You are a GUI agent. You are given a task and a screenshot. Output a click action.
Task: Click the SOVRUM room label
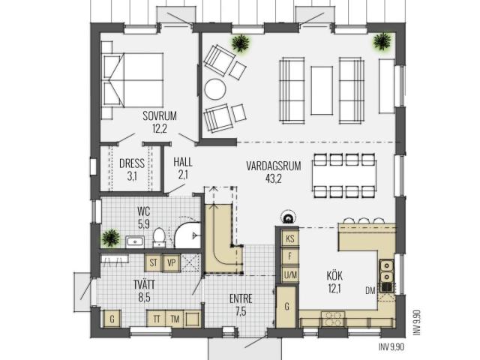coord(160,116)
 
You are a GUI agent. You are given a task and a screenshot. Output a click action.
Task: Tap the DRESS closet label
coord(132,163)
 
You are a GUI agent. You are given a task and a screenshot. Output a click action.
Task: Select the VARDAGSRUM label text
coord(274,166)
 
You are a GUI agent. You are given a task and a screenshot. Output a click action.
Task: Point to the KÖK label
coord(334,276)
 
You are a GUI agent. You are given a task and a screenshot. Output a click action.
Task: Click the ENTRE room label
coord(241,298)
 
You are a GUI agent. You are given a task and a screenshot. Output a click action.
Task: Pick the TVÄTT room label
coord(144,284)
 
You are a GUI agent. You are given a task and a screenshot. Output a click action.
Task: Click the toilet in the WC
coord(159,237)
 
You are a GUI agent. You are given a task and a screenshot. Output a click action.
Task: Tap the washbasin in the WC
coord(135,241)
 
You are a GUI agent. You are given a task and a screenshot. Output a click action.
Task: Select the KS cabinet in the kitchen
coord(290,238)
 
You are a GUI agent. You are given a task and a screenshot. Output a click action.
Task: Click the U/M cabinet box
coord(290,275)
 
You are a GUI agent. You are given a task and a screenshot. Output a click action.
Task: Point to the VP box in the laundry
coord(172,262)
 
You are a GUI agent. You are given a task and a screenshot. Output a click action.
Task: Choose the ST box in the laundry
coord(153,262)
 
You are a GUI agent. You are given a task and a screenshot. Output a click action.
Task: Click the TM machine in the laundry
coord(175,319)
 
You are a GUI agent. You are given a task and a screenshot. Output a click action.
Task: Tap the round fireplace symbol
coord(288,217)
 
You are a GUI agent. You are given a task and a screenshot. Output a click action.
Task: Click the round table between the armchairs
coord(215,89)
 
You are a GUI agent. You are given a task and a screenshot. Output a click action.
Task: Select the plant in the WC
coord(111,238)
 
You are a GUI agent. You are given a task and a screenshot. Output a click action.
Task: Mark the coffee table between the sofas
coord(322,91)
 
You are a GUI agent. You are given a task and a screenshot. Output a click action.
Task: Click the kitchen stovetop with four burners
coord(333,319)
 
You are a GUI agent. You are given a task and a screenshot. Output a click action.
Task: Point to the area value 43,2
coord(274,178)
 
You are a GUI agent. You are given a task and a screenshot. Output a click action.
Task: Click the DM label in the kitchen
coord(370,290)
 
